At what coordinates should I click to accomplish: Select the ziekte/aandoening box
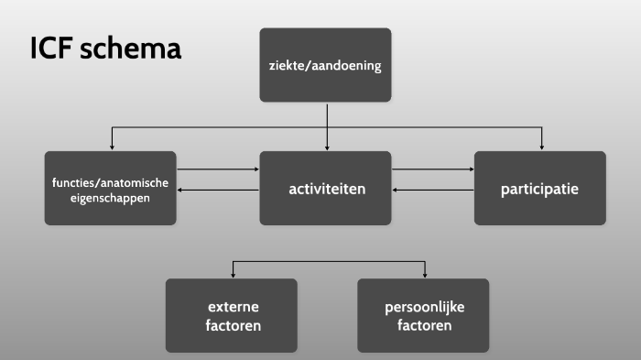pyautogui.click(x=325, y=65)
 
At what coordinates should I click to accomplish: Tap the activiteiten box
pyautogui.click(x=325, y=189)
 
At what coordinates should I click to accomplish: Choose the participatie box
pyautogui.click(x=539, y=189)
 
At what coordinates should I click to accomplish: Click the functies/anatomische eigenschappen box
pyautogui.click(x=110, y=189)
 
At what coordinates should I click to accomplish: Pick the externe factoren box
pyautogui.click(x=231, y=315)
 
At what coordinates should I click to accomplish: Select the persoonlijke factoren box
pyautogui.click(x=423, y=315)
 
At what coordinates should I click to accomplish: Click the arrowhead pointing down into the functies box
pyautogui.click(x=112, y=146)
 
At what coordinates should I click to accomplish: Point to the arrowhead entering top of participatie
pyautogui.click(x=542, y=146)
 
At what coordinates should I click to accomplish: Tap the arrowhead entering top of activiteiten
pyautogui.click(x=326, y=146)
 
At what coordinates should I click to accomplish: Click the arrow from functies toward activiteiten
pyautogui.click(x=218, y=169)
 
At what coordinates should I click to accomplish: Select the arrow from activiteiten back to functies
pyautogui.click(x=218, y=190)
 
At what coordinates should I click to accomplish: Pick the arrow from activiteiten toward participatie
pyautogui.click(x=432, y=169)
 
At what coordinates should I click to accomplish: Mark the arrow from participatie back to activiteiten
pyautogui.click(x=432, y=190)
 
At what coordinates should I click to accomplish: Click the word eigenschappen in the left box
pyautogui.click(x=110, y=197)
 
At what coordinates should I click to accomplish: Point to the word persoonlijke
pyautogui.click(x=423, y=307)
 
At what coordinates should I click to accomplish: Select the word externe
pyautogui.click(x=231, y=307)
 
